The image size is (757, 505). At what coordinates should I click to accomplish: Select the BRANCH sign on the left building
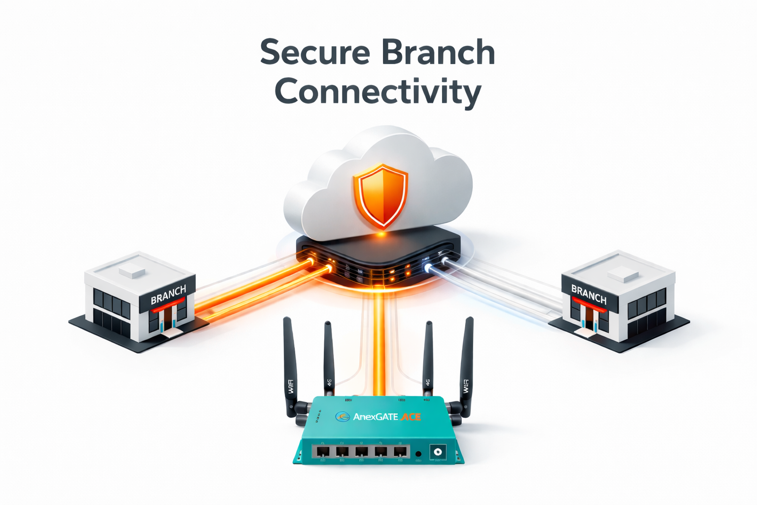(168, 295)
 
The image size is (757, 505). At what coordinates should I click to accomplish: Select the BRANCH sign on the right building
(588, 294)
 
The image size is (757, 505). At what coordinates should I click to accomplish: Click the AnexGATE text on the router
(376, 417)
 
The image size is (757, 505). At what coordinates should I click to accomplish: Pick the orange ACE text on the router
(411, 417)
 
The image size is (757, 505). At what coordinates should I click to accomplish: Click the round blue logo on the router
(343, 417)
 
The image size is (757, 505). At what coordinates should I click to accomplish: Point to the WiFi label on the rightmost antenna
(465, 386)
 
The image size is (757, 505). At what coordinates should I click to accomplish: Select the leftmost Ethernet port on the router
(323, 451)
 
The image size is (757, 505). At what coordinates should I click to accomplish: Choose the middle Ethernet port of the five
(361, 451)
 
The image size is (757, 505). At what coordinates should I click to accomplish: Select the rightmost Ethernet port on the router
(400, 451)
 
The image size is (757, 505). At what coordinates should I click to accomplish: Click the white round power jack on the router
(437, 451)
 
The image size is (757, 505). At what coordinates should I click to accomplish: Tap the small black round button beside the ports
(418, 454)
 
